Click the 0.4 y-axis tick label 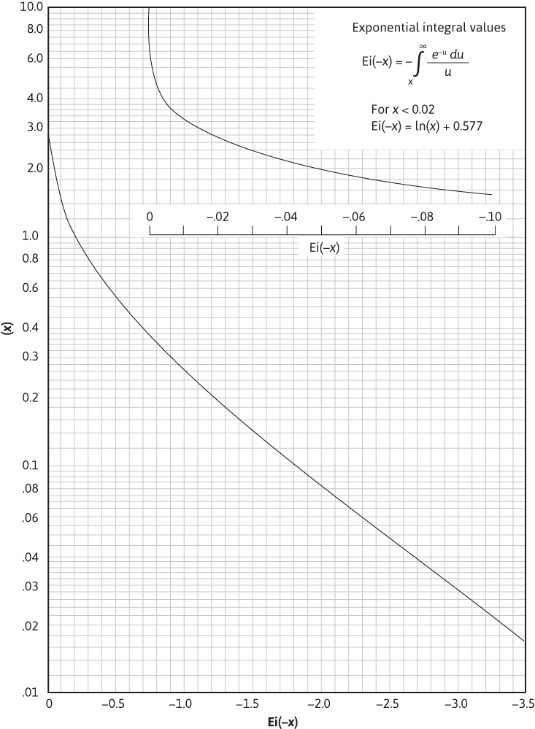point(35,328)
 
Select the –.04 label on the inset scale point(285,217)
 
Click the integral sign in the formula point(418,65)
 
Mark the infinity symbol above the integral point(423,47)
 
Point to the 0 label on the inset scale point(150,217)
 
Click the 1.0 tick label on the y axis point(35,236)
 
